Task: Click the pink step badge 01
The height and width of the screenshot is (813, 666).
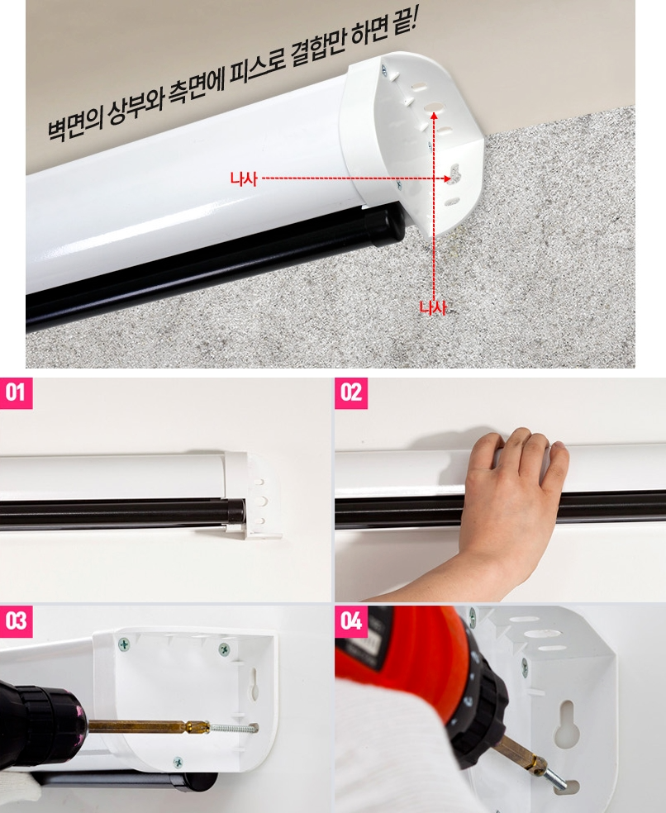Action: (16, 393)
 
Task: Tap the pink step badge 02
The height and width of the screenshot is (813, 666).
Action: (351, 393)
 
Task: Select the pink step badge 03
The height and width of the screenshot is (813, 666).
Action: (16, 621)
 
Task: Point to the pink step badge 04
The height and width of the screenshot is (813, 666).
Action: (351, 621)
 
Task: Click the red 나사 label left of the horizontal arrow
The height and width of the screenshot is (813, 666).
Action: (244, 179)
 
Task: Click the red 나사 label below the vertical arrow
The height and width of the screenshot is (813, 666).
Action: (433, 308)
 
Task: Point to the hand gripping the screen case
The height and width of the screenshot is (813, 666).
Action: (513, 497)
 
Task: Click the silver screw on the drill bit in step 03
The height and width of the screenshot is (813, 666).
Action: (232, 728)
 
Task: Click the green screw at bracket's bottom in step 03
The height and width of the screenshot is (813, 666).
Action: (178, 762)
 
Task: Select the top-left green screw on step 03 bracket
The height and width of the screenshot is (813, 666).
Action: (124, 644)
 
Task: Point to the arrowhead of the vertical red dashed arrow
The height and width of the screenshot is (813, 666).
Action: (434, 115)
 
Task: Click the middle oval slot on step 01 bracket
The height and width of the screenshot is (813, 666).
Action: (260, 501)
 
